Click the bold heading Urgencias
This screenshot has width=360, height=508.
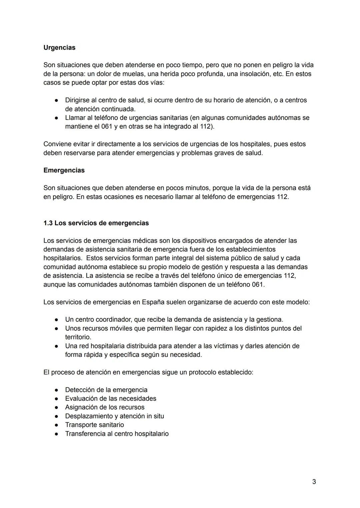[x=59, y=48]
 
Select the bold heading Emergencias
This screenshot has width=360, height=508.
[x=64, y=170]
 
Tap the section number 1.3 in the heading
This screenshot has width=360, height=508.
[x=48, y=223]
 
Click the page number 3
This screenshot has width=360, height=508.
[x=314, y=482]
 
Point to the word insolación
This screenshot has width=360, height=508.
[x=255, y=74]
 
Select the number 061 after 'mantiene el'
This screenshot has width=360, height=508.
[x=107, y=127]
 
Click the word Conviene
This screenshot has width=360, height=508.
[x=56, y=144]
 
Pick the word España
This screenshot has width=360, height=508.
[x=153, y=302]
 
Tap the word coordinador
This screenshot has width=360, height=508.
[x=113, y=320]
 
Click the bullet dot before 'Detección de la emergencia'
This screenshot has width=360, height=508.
[x=57, y=390]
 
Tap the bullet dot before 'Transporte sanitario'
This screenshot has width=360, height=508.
[x=57, y=425]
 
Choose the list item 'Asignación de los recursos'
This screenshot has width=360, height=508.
[x=105, y=407]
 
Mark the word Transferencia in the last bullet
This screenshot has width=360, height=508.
[x=85, y=434]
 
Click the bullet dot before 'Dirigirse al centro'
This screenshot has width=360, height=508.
[x=57, y=100]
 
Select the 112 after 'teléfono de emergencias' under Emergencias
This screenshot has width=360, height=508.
[x=282, y=197]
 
